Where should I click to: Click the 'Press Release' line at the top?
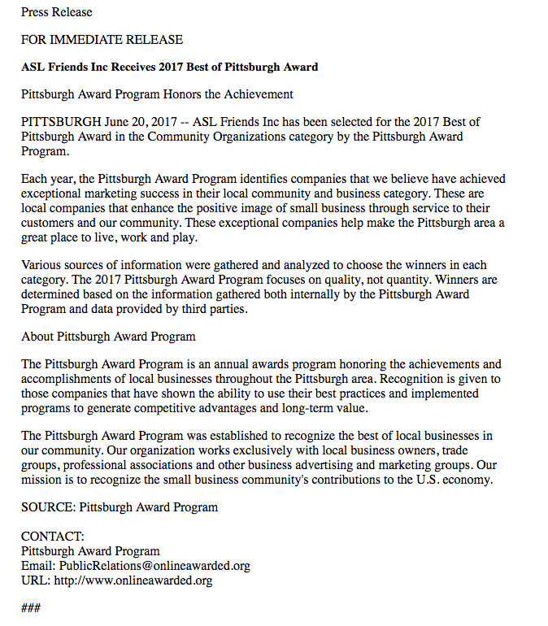57,12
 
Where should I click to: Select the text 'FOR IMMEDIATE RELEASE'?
102,40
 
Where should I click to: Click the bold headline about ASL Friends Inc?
169,67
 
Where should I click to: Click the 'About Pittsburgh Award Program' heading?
108,337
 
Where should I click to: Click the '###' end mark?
31,608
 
